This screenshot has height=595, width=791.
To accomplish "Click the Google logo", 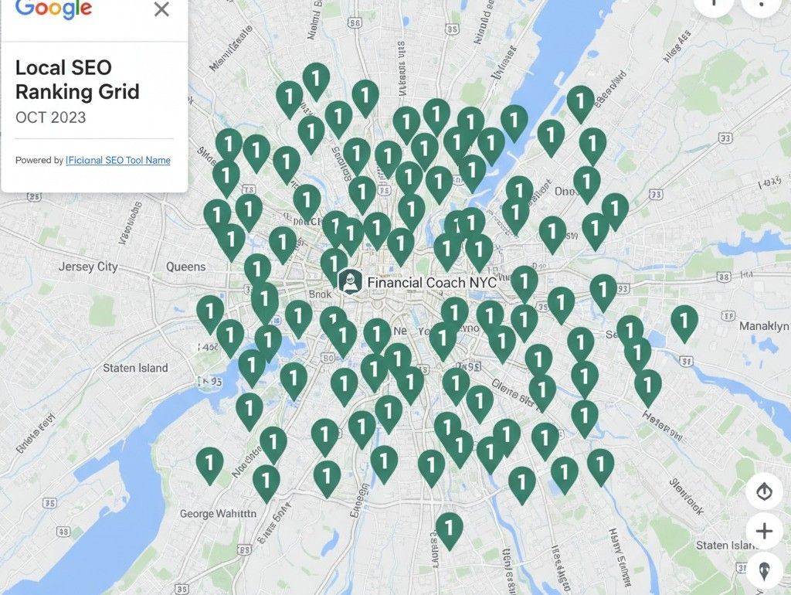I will coord(53,8).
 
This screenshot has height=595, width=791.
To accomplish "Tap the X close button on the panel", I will coord(161,9).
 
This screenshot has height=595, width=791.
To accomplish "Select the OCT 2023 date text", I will coord(50,118).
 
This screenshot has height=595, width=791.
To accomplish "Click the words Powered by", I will coord(39,160).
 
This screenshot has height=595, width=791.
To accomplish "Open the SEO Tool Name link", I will coord(119,160).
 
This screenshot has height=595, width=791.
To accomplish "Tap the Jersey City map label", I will coord(88,267).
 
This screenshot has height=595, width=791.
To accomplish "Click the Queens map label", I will coord(186,267).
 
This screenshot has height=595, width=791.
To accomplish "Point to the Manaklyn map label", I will coord(764,327).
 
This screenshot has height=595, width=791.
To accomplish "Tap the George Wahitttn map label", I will coord(217,513).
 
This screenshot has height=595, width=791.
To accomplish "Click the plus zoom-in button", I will coord(764,531).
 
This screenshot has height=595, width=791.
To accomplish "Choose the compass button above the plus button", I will coord(764,491).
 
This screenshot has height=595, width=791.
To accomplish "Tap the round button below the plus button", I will coord(764,570).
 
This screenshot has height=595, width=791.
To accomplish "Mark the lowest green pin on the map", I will coord(449,529).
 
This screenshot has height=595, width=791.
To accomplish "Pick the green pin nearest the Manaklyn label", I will coord(684,321).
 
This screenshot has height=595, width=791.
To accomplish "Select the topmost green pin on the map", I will coord(315,79).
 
